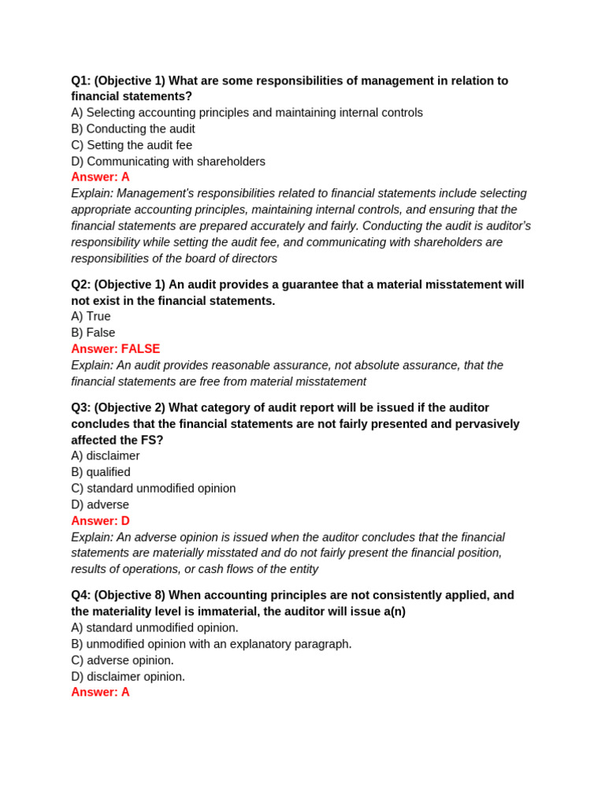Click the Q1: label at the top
click(81, 80)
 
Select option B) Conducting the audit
click(133, 128)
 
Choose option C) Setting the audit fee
click(132, 145)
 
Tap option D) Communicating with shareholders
click(168, 162)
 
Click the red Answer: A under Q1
click(100, 177)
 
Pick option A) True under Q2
click(91, 316)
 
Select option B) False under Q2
click(93, 333)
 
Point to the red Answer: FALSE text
click(115, 348)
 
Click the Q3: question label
click(81, 407)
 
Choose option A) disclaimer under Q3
click(106, 456)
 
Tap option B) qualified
click(101, 472)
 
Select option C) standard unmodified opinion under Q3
click(154, 489)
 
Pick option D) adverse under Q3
click(100, 504)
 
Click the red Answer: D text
click(100, 521)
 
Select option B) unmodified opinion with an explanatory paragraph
click(211, 644)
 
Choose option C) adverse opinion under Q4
click(122, 660)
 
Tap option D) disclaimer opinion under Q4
click(128, 676)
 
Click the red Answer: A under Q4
click(100, 692)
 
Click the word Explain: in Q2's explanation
click(92, 365)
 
